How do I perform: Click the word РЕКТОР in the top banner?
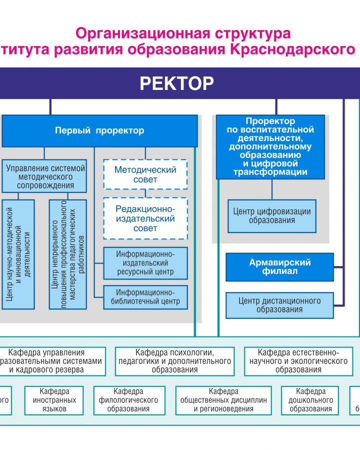(x=176, y=83)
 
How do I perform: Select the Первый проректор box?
(x=99, y=131)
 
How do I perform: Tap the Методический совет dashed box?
(x=145, y=174)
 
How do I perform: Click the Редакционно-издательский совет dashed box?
(x=145, y=218)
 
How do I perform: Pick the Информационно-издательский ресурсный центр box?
(x=145, y=263)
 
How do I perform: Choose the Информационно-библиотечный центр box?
(x=145, y=297)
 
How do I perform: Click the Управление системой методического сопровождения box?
(x=44, y=176)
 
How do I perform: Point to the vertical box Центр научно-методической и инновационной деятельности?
(x=18, y=254)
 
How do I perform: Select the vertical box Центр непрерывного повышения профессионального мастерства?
(x=68, y=254)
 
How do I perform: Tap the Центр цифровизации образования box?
(x=272, y=216)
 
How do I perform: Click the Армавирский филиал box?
(x=279, y=266)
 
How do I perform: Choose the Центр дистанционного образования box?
(x=279, y=305)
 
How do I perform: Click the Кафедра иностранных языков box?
(x=54, y=400)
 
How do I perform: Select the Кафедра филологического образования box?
(x=128, y=400)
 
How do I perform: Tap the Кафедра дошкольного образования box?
(x=311, y=400)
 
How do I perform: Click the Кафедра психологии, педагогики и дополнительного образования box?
(x=174, y=361)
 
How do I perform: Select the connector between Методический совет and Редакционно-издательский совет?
(x=145, y=193)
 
